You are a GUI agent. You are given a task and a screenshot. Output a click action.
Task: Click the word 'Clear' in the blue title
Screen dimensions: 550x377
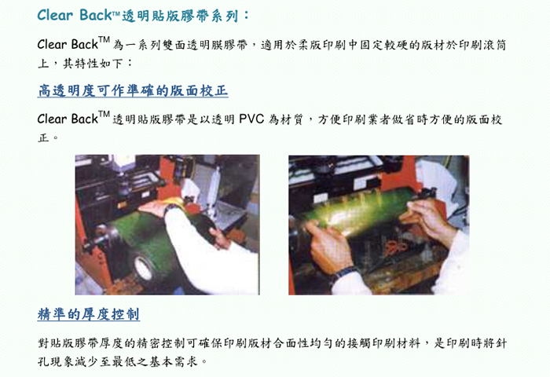[55, 15]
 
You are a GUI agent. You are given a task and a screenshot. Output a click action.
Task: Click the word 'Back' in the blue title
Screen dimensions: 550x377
[95, 15]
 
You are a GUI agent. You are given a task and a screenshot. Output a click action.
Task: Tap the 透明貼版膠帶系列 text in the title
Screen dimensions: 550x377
[180, 16]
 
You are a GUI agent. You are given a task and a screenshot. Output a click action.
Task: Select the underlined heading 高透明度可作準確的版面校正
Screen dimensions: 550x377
[133, 91]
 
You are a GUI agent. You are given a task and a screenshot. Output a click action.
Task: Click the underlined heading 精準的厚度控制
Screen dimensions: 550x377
[88, 314]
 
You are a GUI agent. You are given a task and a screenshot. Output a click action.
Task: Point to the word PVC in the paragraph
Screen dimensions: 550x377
[251, 119]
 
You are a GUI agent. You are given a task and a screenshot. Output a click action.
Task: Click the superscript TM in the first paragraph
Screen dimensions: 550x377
[104, 39]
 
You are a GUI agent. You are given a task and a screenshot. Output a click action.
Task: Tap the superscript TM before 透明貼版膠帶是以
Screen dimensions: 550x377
[104, 114]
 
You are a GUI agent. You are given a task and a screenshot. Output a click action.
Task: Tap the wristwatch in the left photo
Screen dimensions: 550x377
[172, 208]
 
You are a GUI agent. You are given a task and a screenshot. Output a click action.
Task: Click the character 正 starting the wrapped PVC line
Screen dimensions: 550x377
[43, 137]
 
